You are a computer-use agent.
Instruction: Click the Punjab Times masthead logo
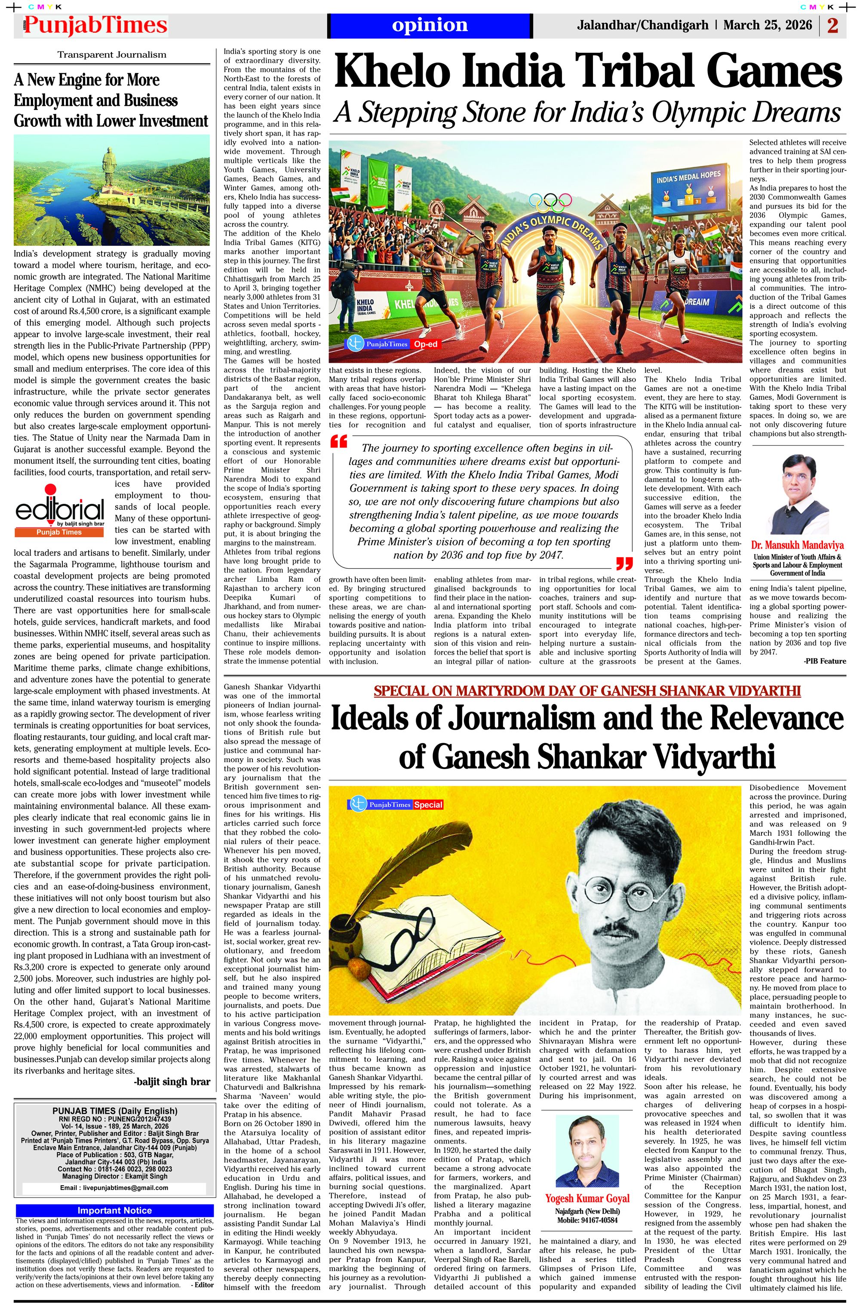click(95, 25)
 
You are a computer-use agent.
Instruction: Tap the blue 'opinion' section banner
click(430, 25)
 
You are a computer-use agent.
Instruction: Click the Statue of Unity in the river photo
click(108, 169)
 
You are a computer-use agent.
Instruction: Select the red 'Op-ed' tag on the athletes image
click(426, 344)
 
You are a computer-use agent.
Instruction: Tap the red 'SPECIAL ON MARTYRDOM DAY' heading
click(587, 691)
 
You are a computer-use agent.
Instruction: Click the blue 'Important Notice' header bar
click(114, 1211)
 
